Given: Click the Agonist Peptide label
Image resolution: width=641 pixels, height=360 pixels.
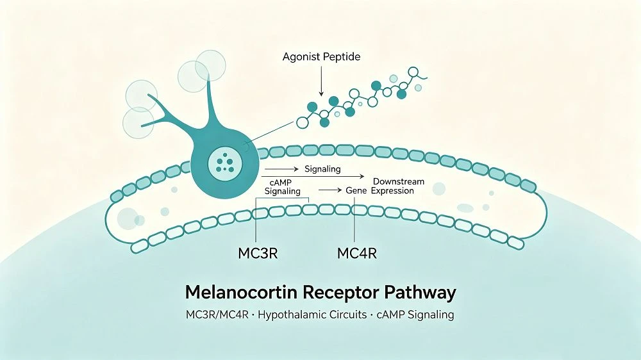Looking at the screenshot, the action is point(321,57).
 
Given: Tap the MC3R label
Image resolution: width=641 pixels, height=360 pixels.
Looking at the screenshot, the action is point(258,254).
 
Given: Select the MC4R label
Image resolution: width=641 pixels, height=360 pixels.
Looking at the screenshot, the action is point(356,254).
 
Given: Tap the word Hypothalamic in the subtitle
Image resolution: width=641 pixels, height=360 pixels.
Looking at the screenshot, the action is point(291,315).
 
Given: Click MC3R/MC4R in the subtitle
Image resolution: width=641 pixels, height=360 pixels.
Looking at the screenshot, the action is point(217,315).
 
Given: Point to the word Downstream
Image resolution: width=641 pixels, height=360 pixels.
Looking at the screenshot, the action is point(399,181).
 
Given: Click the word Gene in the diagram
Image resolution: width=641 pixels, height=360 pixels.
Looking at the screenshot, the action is point(356,190).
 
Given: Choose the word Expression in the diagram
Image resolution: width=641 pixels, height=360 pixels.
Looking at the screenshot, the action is point(392,191).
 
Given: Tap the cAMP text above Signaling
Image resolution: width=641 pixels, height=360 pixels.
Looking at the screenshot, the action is point(281,183).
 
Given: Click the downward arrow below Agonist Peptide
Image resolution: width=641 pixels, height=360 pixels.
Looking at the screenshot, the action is point(321,81).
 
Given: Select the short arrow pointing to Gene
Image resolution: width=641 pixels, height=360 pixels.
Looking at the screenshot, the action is point(330,190).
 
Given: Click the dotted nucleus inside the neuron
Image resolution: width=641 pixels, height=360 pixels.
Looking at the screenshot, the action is point(225,163).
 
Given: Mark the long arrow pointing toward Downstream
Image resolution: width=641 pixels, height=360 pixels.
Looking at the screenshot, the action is point(313,177).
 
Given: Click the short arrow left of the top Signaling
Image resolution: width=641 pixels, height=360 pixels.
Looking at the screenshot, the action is point(282,168).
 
